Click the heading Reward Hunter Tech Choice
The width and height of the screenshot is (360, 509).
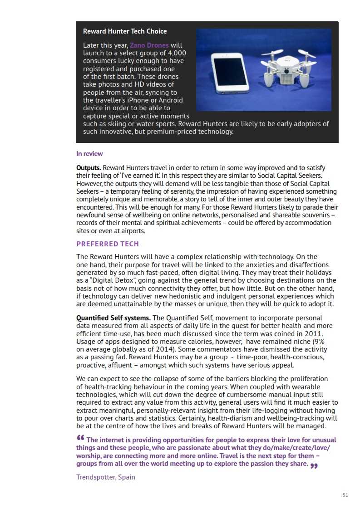coord(125,31)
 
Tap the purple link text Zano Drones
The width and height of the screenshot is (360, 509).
coord(149,45)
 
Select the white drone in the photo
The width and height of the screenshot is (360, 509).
coord(287,68)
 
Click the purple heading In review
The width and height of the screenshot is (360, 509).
coord(89,154)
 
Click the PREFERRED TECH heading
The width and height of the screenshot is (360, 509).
coord(108,244)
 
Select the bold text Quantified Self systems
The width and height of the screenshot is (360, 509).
coord(113,318)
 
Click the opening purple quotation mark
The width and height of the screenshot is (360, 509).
coord(80,438)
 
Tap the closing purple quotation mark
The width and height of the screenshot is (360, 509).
coord(313,467)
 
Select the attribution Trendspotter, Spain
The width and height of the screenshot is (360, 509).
coord(106,477)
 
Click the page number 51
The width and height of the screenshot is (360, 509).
coord(345,495)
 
